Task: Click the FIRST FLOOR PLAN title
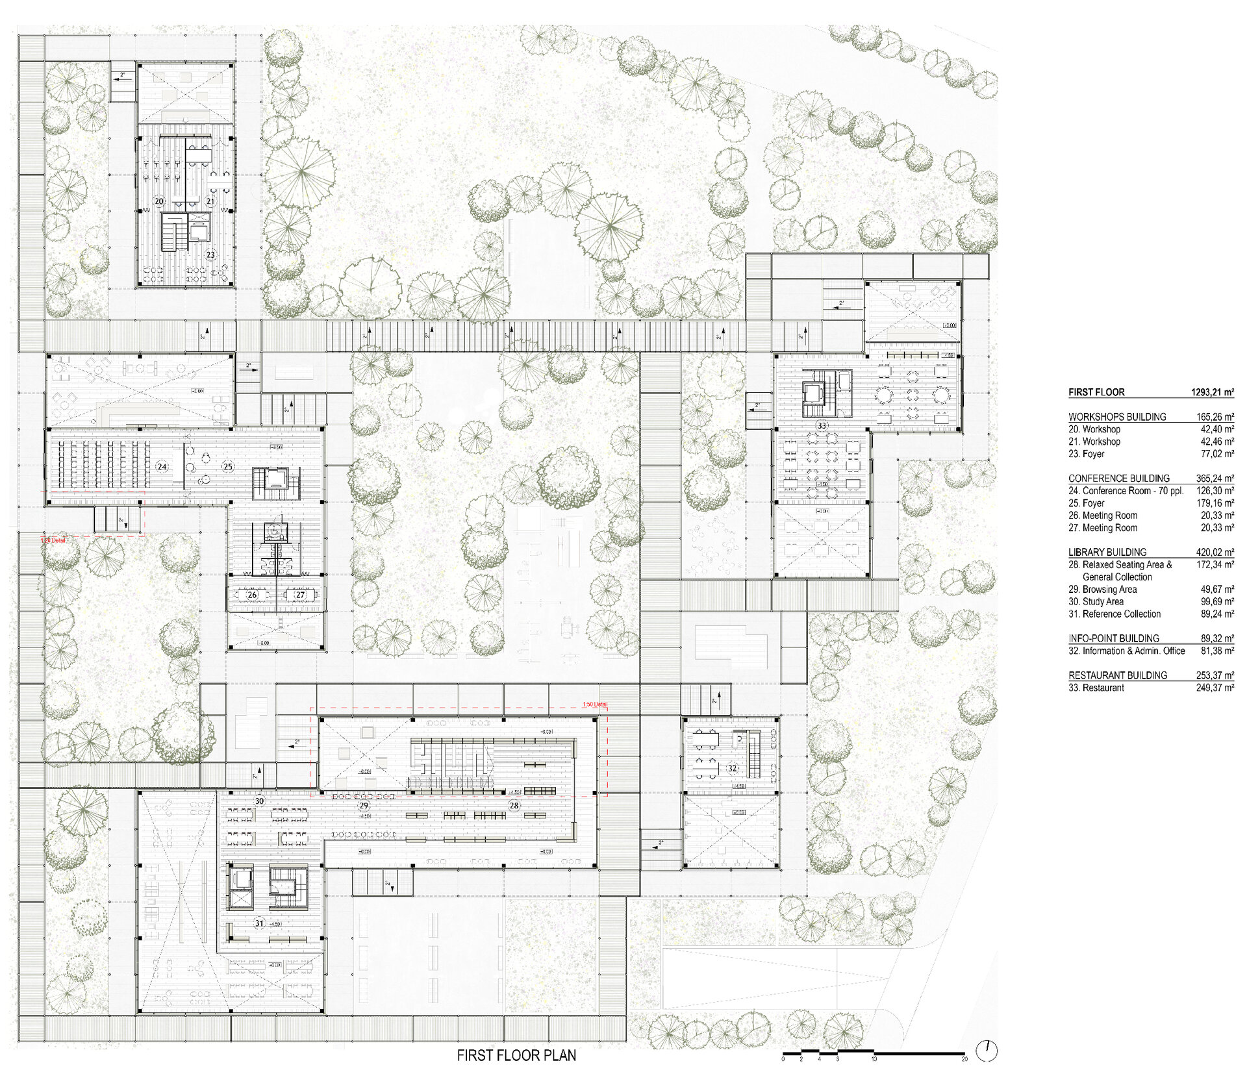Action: click(516, 1055)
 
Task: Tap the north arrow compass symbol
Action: click(987, 1050)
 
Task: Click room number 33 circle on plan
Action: click(822, 426)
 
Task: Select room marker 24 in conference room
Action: click(162, 466)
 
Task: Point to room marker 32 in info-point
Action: click(732, 768)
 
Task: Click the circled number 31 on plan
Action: click(259, 923)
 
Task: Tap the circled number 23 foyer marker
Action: click(210, 255)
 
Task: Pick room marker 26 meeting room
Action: click(252, 594)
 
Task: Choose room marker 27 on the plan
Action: click(300, 594)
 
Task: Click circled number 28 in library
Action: click(514, 805)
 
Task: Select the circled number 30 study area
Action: click(259, 801)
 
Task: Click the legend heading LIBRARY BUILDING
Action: click(1107, 552)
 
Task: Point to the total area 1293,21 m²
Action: click(1212, 392)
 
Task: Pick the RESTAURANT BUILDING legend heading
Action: click(1117, 675)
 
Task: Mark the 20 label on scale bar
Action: click(964, 1059)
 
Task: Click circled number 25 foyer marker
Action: click(228, 466)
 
